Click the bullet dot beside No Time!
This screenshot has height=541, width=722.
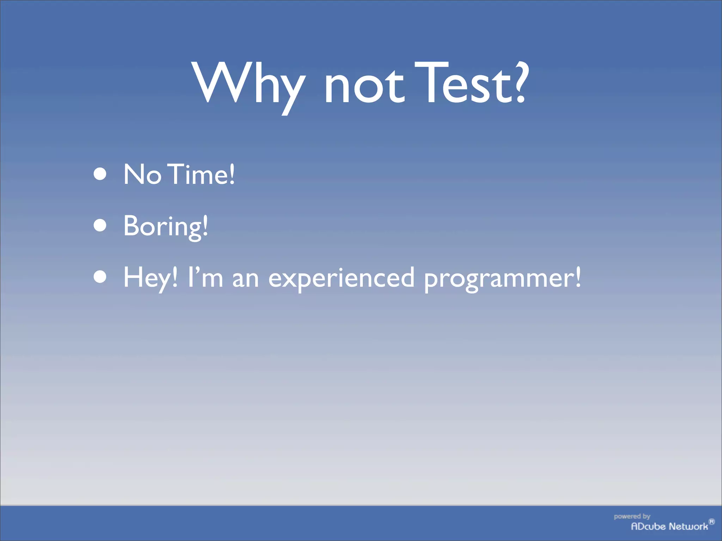click(x=100, y=174)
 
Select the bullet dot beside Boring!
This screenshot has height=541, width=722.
click(x=100, y=226)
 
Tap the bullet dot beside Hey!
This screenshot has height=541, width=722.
click(x=100, y=277)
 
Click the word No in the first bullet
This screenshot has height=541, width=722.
click(x=142, y=174)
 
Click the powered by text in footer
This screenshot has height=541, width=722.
click(x=632, y=517)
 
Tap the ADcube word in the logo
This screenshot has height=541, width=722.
click(x=648, y=527)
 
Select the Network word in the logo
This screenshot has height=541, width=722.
click(x=688, y=527)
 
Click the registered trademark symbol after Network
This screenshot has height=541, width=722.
click(x=711, y=522)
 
